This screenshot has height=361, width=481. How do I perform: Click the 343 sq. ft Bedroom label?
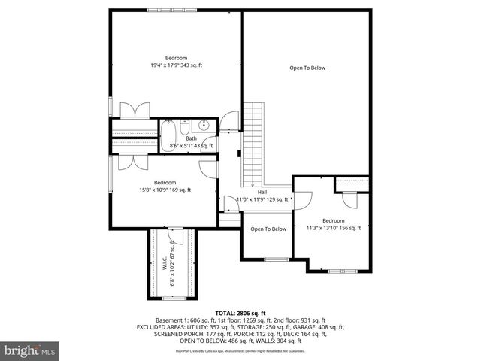(176, 62)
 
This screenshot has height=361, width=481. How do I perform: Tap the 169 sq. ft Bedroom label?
(165, 186)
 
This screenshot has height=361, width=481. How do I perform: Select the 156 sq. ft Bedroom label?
(333, 224)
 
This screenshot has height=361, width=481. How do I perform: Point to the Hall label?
(262, 196)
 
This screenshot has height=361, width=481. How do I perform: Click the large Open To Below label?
(307, 68)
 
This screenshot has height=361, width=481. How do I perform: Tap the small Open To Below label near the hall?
(268, 229)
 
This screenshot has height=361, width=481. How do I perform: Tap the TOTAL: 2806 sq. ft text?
(240, 312)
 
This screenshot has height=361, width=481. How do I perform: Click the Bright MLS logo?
(30, 350)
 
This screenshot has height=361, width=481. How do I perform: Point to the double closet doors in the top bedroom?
(135, 110)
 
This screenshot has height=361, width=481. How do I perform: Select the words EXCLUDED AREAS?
(162, 327)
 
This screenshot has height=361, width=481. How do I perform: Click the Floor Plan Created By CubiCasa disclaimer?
(240, 351)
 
